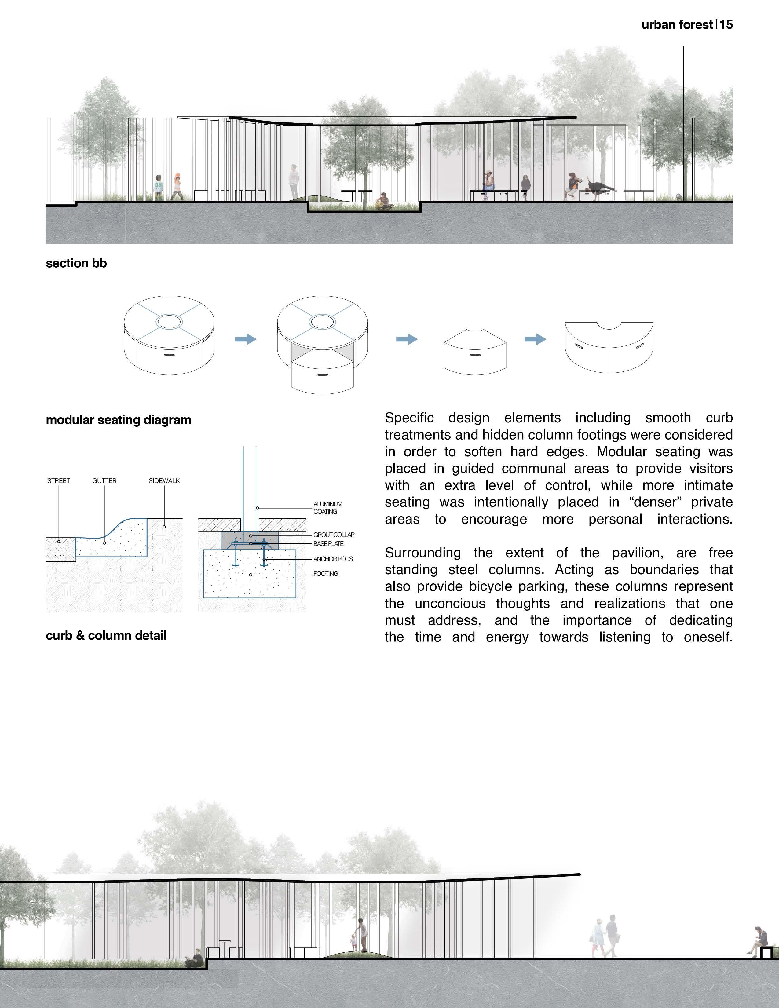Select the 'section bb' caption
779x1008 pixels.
(x=76, y=263)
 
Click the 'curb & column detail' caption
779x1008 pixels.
(x=106, y=636)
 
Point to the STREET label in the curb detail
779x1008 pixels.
(x=59, y=481)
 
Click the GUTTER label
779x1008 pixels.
(x=104, y=481)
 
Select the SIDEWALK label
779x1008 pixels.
(x=164, y=481)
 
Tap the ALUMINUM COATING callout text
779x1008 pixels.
(x=328, y=508)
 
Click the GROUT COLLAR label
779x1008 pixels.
(x=334, y=535)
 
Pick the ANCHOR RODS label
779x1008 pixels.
(x=333, y=559)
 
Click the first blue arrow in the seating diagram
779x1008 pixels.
(x=246, y=339)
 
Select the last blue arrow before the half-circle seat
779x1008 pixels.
(x=535, y=339)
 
